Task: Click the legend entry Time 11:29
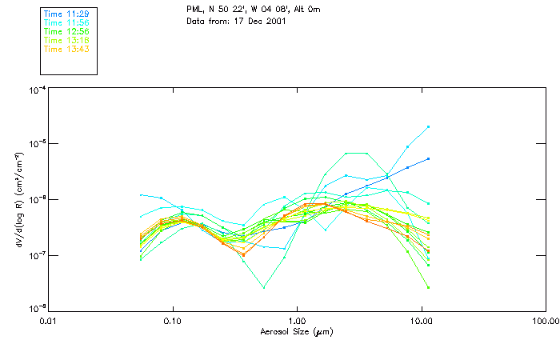click(x=66, y=14)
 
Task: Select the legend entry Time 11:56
click(x=66, y=23)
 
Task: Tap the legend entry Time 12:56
click(x=66, y=32)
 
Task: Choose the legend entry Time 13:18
click(x=66, y=41)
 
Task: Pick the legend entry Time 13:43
click(x=66, y=50)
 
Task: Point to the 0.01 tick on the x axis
click(x=49, y=322)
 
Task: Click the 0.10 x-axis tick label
click(x=173, y=322)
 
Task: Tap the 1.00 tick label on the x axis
click(x=298, y=322)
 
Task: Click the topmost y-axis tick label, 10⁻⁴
click(x=37, y=90)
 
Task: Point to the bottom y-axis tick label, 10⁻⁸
click(x=37, y=308)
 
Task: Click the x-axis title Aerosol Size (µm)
click(x=296, y=331)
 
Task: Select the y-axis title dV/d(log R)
click(x=17, y=200)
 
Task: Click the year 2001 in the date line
click(x=274, y=20)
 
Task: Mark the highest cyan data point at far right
click(x=429, y=126)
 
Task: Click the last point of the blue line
click(x=429, y=158)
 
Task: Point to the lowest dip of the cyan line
click(x=264, y=287)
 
